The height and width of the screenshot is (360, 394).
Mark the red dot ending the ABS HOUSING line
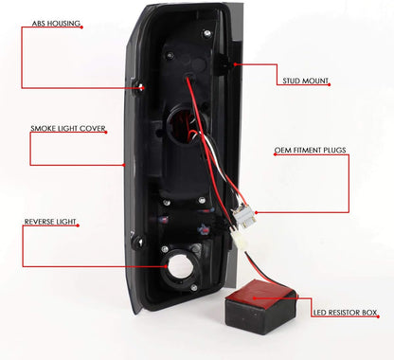pyautogui.click(x=141, y=87)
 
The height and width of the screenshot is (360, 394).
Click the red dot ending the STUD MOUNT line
pyautogui.click(x=230, y=65)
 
